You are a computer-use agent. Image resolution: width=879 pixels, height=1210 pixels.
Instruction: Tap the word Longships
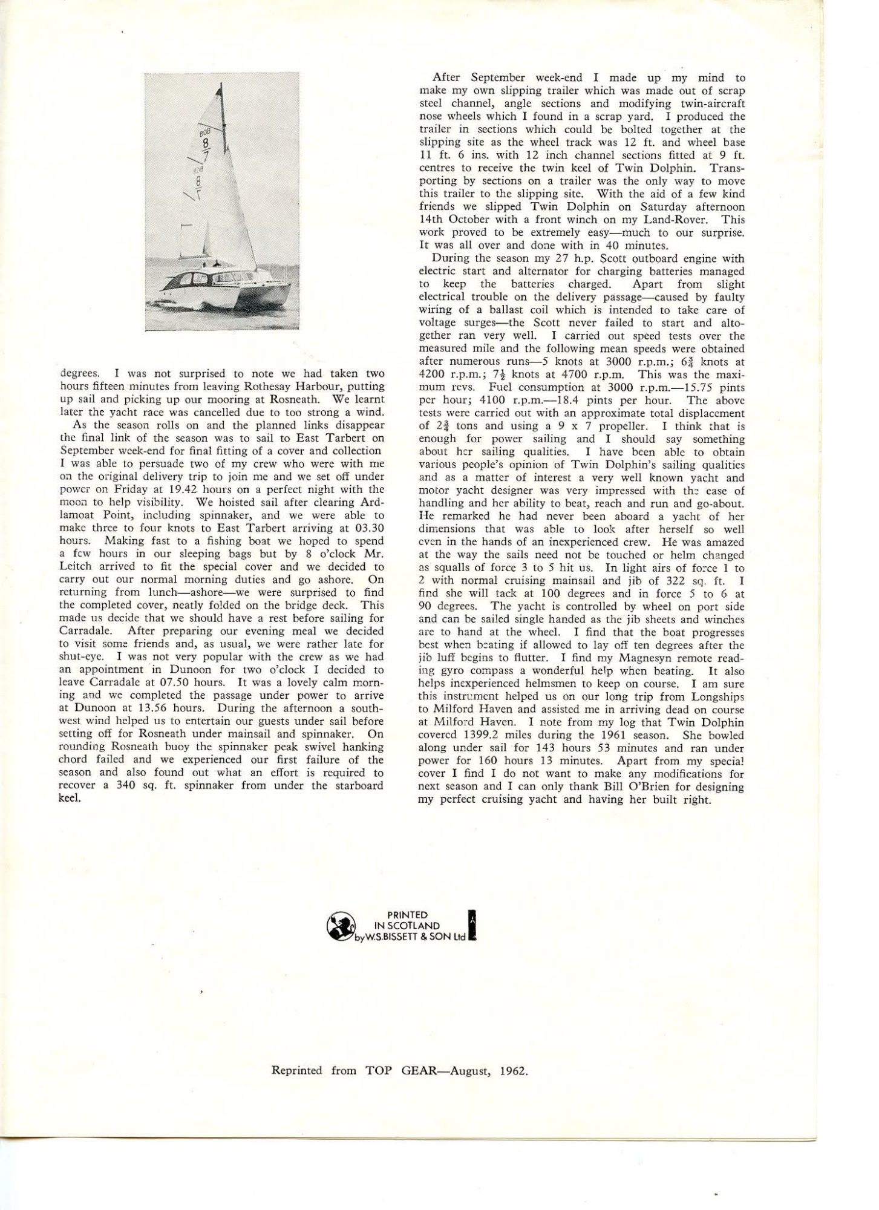721,697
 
